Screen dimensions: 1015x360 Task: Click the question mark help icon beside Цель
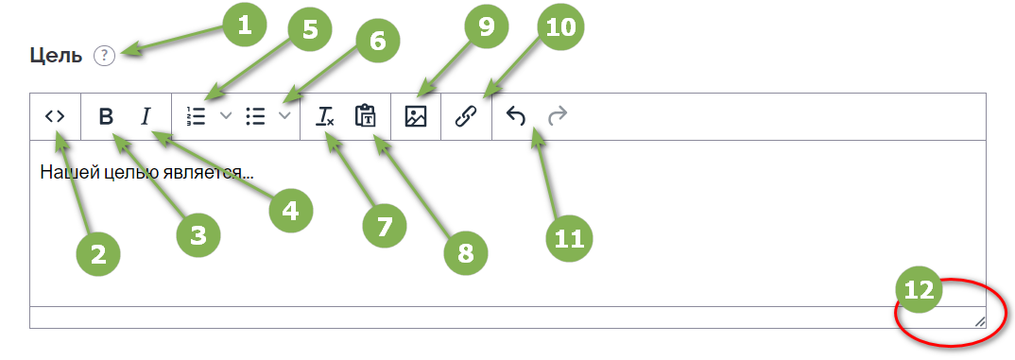pyautogui.click(x=104, y=57)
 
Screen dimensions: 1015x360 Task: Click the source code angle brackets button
pyautogui.click(x=55, y=116)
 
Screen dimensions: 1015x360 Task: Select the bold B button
pyautogui.click(x=106, y=116)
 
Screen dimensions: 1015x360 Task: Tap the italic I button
pyautogui.click(x=146, y=116)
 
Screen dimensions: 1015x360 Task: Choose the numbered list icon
pyautogui.click(x=196, y=116)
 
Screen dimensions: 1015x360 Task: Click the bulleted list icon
pyautogui.click(x=256, y=116)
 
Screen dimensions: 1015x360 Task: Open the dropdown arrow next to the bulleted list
pyautogui.click(x=284, y=116)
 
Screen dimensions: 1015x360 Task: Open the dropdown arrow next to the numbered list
pyautogui.click(x=225, y=116)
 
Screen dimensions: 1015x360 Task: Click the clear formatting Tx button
pyautogui.click(x=325, y=116)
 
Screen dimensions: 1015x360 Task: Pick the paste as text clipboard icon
pyautogui.click(x=365, y=116)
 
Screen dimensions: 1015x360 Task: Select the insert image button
pyautogui.click(x=416, y=116)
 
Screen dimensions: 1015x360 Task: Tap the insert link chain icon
pyautogui.click(x=466, y=116)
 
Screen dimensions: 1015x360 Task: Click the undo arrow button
pyautogui.click(x=516, y=116)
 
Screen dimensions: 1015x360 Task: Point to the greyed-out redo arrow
pyautogui.click(x=558, y=116)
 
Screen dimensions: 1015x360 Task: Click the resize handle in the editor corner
pyautogui.click(x=979, y=321)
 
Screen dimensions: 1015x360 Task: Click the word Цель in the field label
pyautogui.click(x=57, y=57)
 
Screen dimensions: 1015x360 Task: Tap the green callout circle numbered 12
pyautogui.click(x=920, y=290)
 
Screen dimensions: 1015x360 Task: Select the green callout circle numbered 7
pyautogui.click(x=384, y=225)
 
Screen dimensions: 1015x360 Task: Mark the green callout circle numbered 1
pyautogui.click(x=244, y=26)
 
